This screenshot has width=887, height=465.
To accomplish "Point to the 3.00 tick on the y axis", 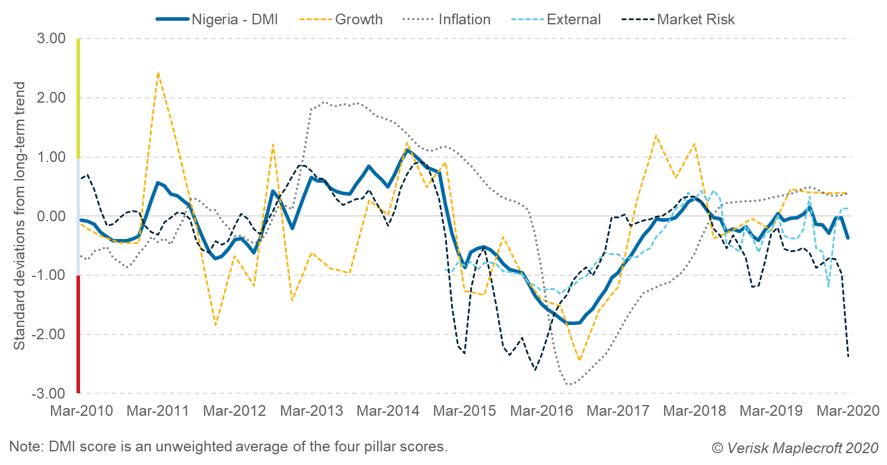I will pyautogui.click(x=53, y=39).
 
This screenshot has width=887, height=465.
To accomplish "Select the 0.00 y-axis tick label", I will pyautogui.click(x=53, y=216).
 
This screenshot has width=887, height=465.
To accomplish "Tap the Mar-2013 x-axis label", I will pyautogui.click(x=311, y=411).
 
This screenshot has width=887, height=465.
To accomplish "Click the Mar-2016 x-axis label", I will pyautogui.click(x=543, y=411).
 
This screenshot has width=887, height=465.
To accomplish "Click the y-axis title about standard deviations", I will pyautogui.click(x=20, y=216).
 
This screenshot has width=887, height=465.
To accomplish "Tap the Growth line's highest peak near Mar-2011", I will pyautogui.click(x=158, y=72).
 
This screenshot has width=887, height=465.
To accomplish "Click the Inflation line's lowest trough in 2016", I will pyautogui.click(x=570, y=384).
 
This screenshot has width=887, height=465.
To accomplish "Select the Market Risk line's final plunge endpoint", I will pyautogui.click(x=848, y=356).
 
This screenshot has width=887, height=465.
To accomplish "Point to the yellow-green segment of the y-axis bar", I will pyautogui.click(x=78, y=98).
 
